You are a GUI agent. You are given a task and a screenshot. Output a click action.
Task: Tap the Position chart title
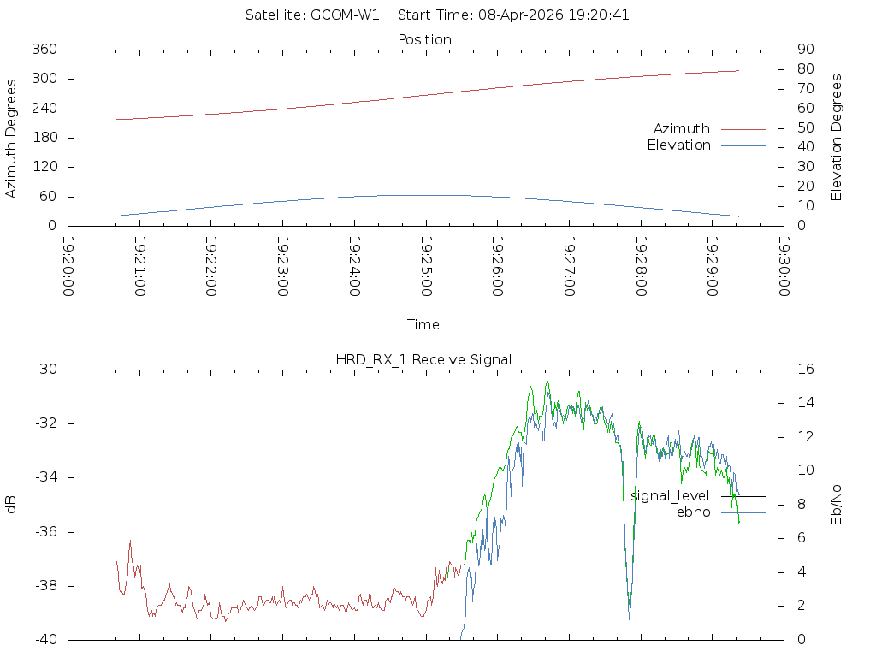425,39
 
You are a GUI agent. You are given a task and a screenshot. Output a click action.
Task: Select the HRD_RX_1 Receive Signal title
423,359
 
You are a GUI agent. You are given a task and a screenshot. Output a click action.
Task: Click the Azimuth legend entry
682,128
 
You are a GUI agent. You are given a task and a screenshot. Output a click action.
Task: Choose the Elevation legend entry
678,145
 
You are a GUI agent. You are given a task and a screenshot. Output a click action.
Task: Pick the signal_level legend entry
670,496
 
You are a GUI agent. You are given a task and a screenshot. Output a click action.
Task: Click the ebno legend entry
693,512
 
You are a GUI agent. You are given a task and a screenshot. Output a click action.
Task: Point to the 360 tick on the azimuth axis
44,50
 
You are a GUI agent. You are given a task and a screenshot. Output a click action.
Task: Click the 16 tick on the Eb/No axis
805,370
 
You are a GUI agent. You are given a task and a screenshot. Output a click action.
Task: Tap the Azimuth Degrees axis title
11,138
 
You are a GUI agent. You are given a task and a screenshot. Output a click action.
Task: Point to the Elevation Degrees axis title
837,137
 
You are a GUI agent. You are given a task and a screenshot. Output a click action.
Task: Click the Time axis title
423,324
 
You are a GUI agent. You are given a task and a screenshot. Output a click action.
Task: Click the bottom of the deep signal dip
630,618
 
